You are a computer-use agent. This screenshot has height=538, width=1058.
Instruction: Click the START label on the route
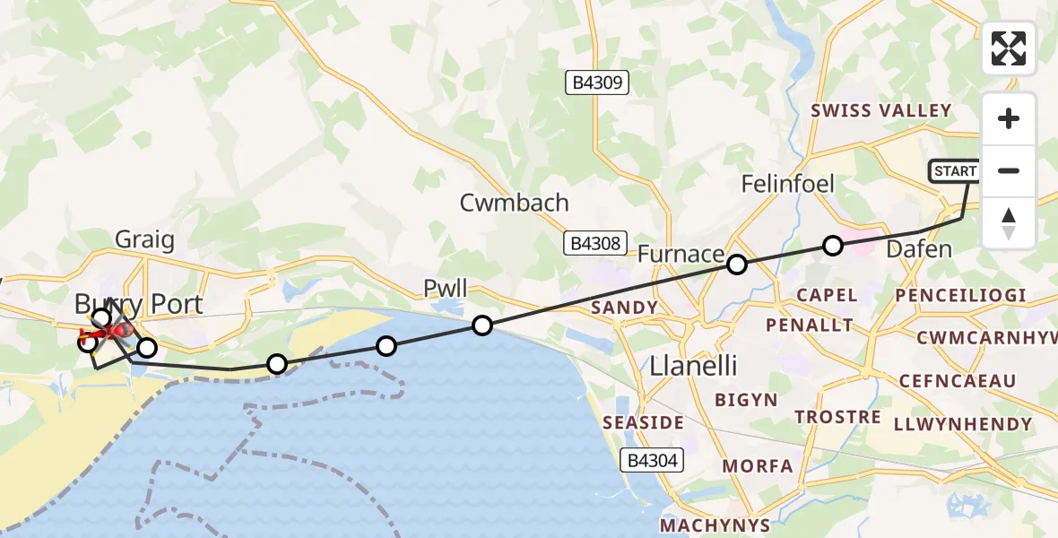956,170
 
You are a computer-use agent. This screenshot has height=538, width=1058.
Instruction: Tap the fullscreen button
1009,48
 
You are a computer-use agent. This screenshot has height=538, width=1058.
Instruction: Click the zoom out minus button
1009,170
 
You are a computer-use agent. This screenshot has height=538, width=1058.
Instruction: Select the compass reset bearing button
1009,222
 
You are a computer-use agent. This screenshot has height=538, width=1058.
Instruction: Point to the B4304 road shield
655,461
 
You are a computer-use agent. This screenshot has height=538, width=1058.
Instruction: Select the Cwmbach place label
514,203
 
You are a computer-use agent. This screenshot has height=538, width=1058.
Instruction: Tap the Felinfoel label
787,184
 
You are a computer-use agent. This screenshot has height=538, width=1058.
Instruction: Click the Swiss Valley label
880,110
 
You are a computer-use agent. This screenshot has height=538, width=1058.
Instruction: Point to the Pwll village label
446,289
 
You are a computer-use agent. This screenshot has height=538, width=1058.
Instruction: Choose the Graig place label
144,239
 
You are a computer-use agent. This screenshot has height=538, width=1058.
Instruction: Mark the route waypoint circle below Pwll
482,325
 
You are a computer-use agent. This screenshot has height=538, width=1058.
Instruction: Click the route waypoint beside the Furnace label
737,265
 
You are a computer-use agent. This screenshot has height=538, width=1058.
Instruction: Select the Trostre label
837,418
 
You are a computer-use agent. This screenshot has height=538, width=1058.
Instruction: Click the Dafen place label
919,249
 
